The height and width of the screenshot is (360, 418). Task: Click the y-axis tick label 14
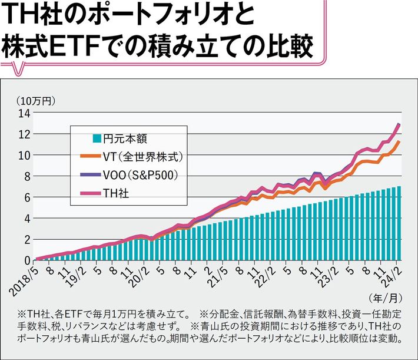pyautogui.click(x=25, y=113)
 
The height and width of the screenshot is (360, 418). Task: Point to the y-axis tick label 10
pyautogui.click(x=25, y=156)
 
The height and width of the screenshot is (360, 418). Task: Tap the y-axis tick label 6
pyautogui.click(x=27, y=197)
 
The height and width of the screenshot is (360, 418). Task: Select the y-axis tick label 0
pyautogui.click(x=27, y=260)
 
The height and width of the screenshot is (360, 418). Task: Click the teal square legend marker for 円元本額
pyautogui.click(x=97, y=140)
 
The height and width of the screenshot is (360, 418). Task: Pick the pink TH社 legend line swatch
pyautogui.click(x=89, y=193)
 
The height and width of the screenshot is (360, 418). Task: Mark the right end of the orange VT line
pyautogui.click(x=400, y=141)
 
